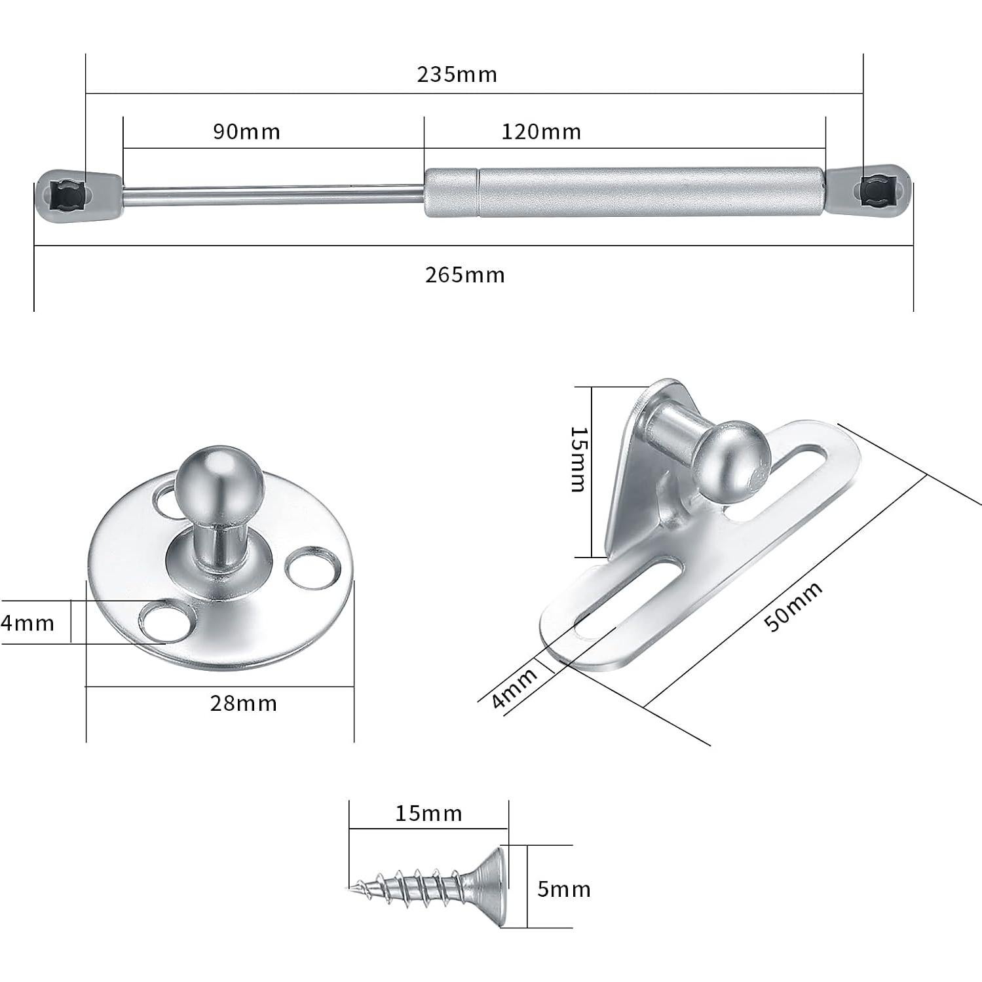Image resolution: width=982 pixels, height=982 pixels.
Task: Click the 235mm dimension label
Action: tap(457, 75)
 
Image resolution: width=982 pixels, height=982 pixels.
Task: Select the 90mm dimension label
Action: tap(246, 132)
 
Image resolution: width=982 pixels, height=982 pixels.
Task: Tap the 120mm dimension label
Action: tap(541, 132)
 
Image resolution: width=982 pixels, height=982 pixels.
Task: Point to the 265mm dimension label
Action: tap(465, 274)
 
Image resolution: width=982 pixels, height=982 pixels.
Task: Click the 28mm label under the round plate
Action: tap(244, 704)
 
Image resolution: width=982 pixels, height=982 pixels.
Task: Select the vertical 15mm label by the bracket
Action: tap(578, 459)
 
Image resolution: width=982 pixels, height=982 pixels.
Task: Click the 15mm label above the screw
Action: tap(428, 814)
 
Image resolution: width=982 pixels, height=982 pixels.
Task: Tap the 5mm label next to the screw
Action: tap(563, 889)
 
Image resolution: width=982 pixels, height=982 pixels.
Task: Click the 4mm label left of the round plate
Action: tap(28, 622)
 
